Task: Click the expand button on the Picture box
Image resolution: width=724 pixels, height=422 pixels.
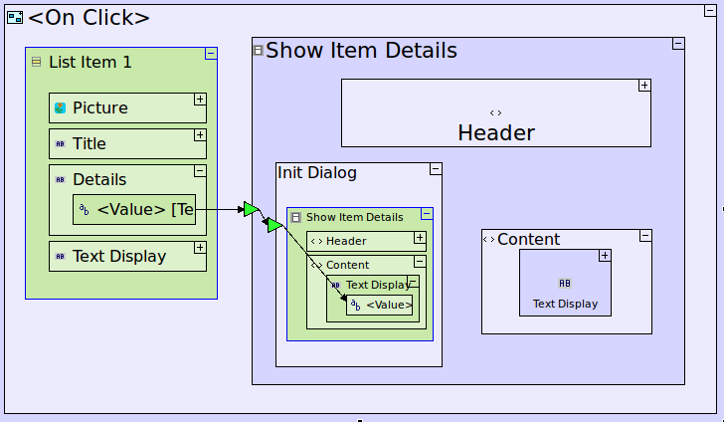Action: [x=200, y=100]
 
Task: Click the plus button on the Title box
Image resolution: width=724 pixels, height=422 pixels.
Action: [x=200, y=134]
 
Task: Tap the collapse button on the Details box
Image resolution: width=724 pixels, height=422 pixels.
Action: [x=200, y=170]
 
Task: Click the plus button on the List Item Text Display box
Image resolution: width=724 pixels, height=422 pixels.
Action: [x=200, y=247]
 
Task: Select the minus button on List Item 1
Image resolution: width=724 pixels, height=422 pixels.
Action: [x=211, y=54]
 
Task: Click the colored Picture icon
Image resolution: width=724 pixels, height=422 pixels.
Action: [x=61, y=107]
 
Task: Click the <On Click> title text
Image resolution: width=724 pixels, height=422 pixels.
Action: [x=90, y=17]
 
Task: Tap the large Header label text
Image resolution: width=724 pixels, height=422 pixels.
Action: [x=496, y=132]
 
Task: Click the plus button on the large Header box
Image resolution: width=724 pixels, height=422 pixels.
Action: [x=644, y=86]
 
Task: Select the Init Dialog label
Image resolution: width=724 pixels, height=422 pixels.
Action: [x=317, y=173]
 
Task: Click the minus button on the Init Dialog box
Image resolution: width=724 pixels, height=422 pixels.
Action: [x=436, y=169]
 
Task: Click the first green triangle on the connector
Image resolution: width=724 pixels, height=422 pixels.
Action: [x=251, y=209]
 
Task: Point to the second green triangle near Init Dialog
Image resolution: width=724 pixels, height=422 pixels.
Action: [x=272, y=226]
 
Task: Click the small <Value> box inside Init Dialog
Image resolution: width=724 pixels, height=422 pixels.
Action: [x=379, y=306]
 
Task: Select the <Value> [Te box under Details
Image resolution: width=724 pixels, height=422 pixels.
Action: [x=134, y=209]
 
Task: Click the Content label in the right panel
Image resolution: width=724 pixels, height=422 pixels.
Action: [x=528, y=239]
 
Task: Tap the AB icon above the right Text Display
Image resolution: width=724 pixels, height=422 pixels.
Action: [x=565, y=284]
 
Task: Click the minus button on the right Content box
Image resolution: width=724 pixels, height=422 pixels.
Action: [x=645, y=236]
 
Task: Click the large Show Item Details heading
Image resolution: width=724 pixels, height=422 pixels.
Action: [x=361, y=51]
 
